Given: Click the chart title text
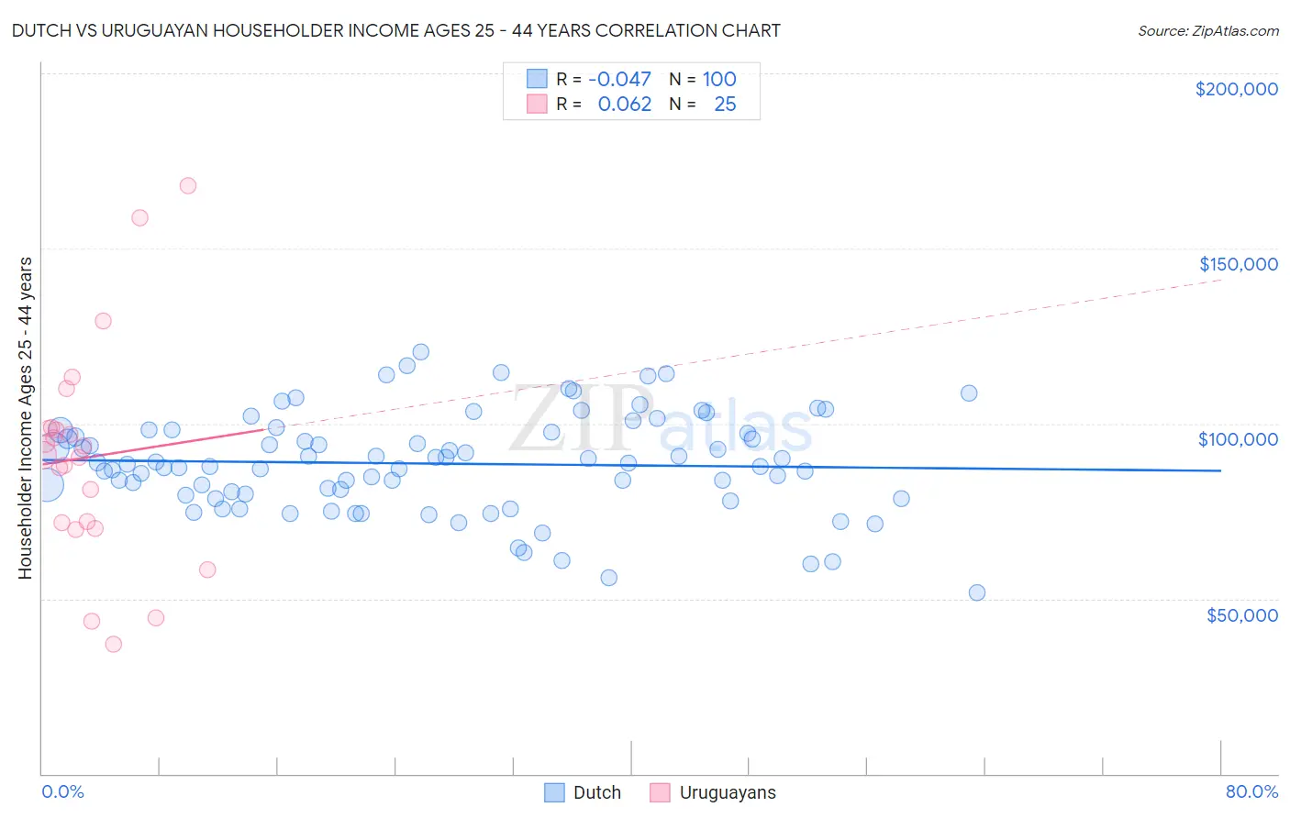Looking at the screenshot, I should tap(395, 30).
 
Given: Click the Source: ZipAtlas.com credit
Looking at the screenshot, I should tap(1207, 30).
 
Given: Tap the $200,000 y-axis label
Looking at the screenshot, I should tap(1236, 89).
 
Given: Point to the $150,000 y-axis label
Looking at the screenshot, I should tap(1238, 264).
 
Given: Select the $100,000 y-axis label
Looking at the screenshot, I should tap(1238, 439).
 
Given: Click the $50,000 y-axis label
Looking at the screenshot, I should tap(1241, 615).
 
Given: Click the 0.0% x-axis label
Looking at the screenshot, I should tap(62, 791).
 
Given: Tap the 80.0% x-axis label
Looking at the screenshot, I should tap(1251, 791).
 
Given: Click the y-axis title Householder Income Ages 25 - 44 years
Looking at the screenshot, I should tap(25, 418).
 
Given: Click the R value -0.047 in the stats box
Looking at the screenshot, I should tap(624, 80).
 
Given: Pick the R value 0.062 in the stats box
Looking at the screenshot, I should tap(624, 105).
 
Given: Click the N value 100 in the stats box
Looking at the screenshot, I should tap(719, 80).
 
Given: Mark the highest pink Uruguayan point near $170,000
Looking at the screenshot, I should tap(188, 185).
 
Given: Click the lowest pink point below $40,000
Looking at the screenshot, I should tap(114, 644).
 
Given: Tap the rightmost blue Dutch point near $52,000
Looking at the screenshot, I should tap(977, 592).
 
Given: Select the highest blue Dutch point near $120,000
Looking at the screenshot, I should tap(421, 352).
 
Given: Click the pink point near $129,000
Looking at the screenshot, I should tap(103, 321).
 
